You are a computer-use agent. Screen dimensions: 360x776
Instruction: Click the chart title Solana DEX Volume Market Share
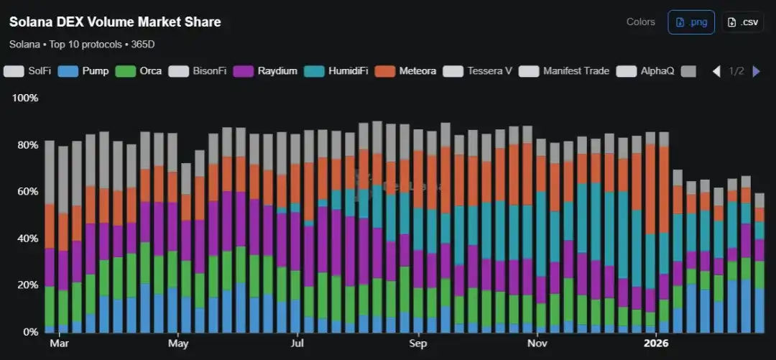115,22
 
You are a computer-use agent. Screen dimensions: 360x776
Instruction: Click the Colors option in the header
640,22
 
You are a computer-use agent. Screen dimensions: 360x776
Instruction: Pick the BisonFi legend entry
198,71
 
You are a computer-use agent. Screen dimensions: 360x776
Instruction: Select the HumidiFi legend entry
338,71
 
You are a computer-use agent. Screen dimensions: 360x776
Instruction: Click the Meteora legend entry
409,71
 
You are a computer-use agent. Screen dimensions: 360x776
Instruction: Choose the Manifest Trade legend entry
565,71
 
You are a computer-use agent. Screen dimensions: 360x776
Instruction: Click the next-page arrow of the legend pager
756,71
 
